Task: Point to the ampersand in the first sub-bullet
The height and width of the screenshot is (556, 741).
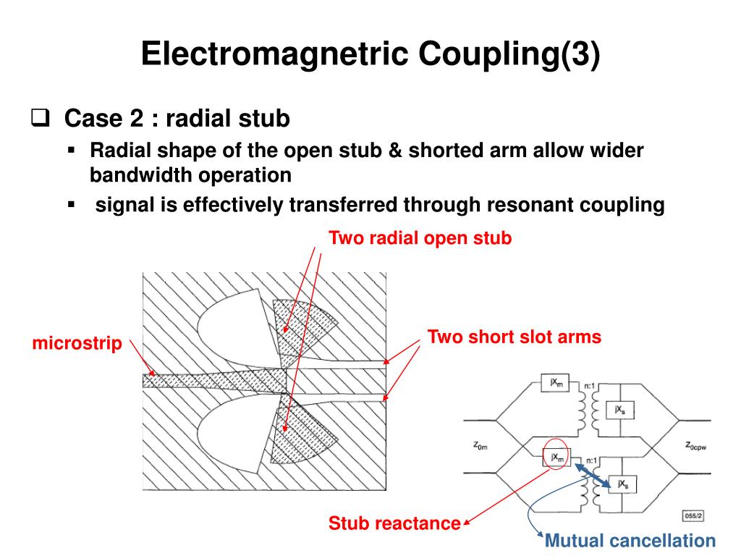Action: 395,151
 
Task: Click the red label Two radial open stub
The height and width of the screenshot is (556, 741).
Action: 420,238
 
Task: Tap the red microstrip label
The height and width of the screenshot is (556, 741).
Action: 77,343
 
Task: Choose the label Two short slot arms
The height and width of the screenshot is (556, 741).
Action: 514,337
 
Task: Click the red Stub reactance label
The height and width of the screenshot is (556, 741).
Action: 394,523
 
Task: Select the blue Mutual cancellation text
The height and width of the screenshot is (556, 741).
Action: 630,540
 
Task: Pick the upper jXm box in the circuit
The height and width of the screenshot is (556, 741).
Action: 556,383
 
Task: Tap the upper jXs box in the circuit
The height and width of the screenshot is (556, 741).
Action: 620,410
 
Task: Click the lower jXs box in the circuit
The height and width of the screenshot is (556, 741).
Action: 620,484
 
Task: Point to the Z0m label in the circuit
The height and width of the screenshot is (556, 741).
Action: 481,446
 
